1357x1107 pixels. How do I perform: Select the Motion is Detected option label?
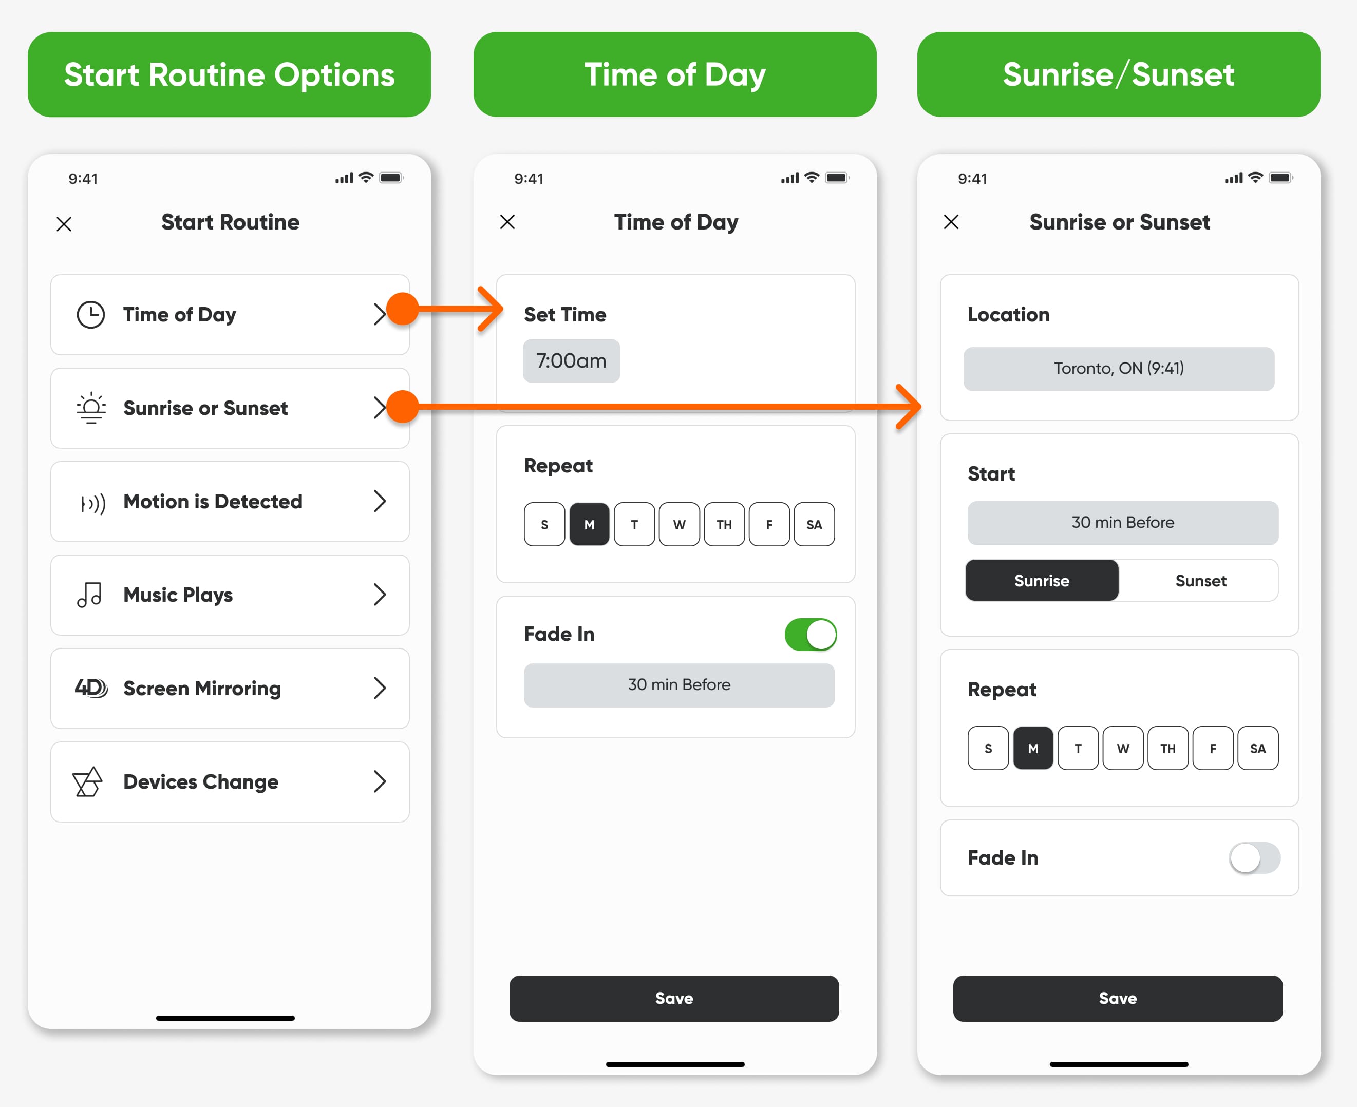point(213,502)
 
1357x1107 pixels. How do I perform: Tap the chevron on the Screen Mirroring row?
point(380,688)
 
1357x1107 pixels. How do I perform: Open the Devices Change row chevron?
point(380,782)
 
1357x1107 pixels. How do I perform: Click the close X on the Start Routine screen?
point(64,224)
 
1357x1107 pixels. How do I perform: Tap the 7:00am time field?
point(571,361)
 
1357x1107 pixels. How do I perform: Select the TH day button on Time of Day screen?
point(724,524)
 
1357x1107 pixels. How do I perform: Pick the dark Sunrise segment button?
point(1042,581)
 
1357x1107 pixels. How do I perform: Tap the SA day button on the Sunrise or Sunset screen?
point(1257,748)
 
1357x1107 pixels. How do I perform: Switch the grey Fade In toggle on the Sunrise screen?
point(1254,857)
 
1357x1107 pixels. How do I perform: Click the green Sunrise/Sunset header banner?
point(1118,74)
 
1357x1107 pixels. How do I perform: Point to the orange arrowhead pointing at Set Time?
point(491,309)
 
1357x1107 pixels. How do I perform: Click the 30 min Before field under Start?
point(1122,523)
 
